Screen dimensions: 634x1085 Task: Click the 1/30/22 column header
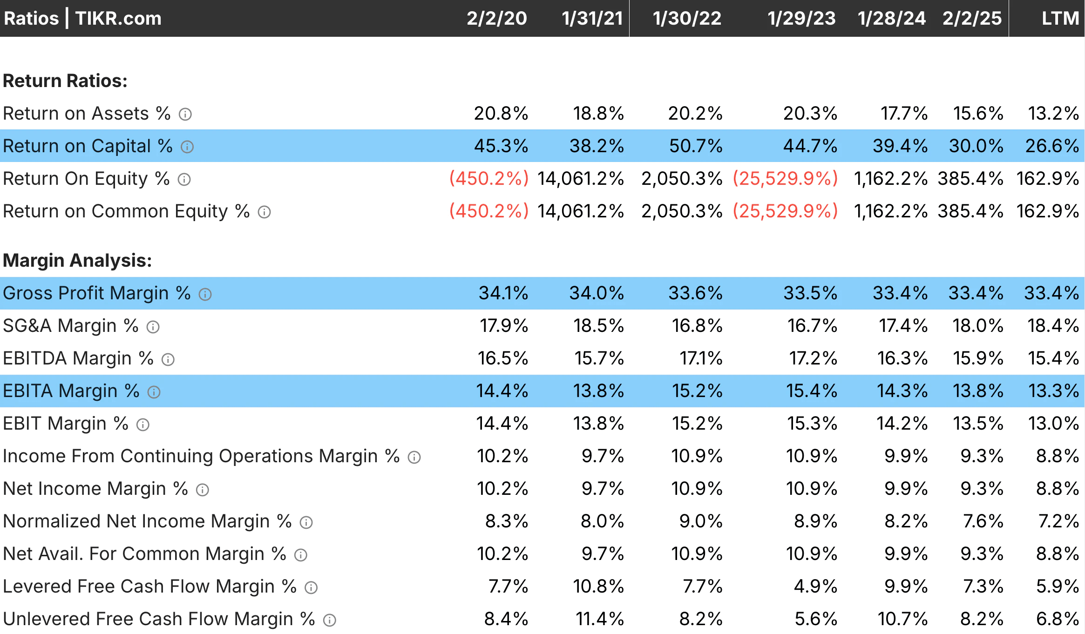tap(686, 19)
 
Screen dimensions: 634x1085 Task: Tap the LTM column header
tap(1060, 19)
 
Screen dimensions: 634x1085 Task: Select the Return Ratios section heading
tap(65, 81)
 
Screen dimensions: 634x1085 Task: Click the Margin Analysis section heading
tap(77, 261)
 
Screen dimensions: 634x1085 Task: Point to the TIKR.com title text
tap(118, 19)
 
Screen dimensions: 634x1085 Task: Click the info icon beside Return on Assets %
tap(185, 115)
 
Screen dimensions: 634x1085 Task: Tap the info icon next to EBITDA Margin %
tap(168, 359)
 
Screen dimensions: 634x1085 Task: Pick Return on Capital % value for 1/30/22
tap(696, 146)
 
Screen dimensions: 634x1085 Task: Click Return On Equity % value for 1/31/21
tap(580, 179)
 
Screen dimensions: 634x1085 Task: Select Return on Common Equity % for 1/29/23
tap(785, 211)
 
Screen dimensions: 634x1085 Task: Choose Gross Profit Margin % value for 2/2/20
tap(503, 293)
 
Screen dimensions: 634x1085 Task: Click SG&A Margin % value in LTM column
tap(1053, 326)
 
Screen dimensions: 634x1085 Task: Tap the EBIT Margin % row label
tap(65, 424)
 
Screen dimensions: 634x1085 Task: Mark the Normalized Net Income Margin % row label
tap(147, 521)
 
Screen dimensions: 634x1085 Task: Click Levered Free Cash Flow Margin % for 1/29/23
tap(815, 587)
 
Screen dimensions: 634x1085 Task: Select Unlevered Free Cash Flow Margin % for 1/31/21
tap(599, 619)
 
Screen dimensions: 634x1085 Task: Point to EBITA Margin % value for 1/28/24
tap(902, 391)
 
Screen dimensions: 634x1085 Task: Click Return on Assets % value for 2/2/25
tap(978, 114)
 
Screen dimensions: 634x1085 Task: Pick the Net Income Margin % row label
tap(95, 489)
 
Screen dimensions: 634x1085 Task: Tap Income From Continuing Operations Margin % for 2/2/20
tap(502, 456)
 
